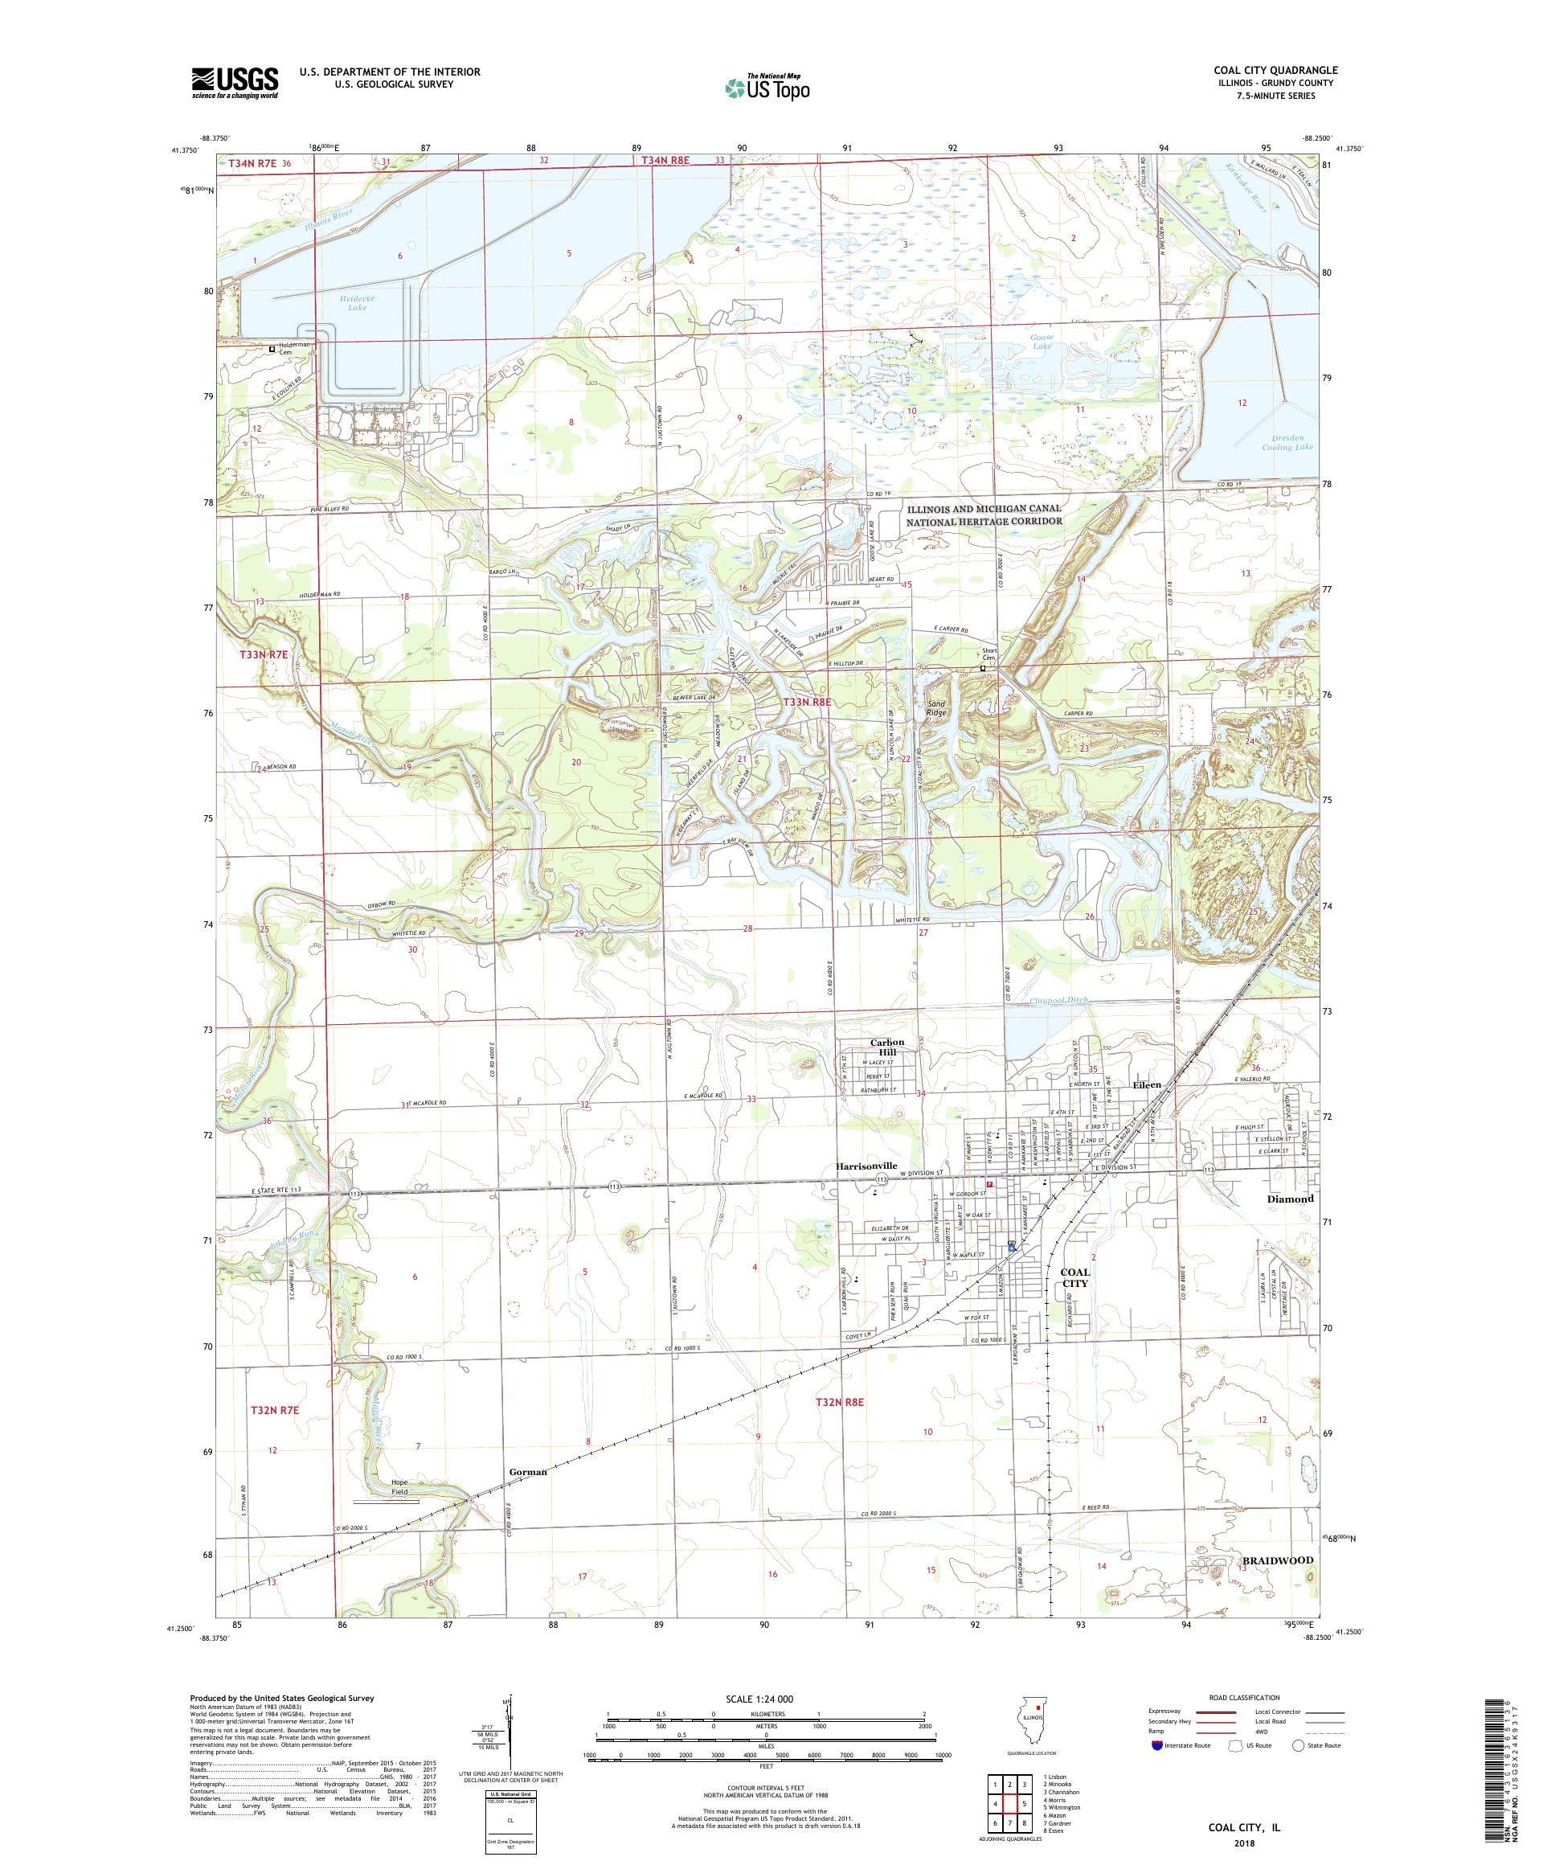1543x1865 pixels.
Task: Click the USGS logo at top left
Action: pyautogui.click(x=235, y=84)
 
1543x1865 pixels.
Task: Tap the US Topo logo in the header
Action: pyautogui.click(x=768, y=87)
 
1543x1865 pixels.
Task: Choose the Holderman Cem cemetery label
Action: pyautogui.click(x=297, y=349)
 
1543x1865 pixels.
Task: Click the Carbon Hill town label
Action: pyautogui.click(x=886, y=1047)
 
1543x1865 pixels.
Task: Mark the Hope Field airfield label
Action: pyautogui.click(x=399, y=1486)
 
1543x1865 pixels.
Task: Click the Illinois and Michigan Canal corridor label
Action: pyautogui.click(x=984, y=515)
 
